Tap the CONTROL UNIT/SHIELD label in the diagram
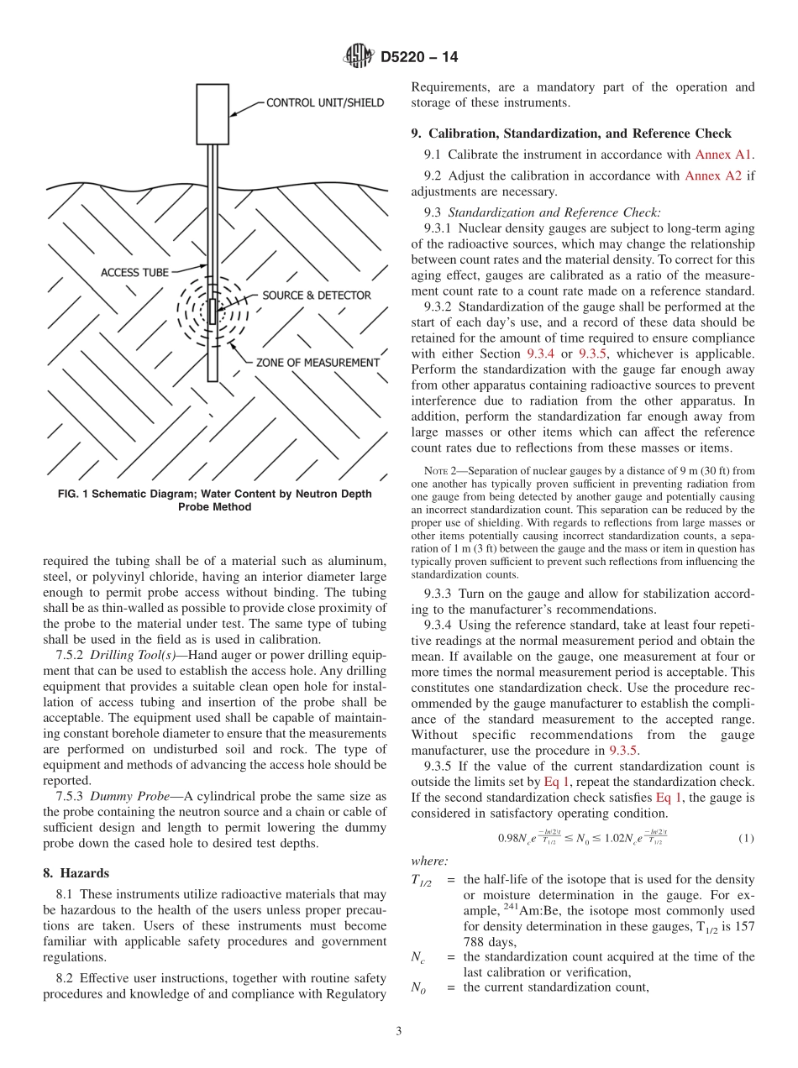(325, 103)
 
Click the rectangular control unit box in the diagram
(213, 113)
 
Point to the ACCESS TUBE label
(134, 272)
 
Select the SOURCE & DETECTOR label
(316, 296)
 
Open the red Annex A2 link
(713, 175)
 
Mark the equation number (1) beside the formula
(745, 838)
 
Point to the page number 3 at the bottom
(399, 1031)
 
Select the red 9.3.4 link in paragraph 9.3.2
(563, 354)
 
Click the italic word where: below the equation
(429, 861)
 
